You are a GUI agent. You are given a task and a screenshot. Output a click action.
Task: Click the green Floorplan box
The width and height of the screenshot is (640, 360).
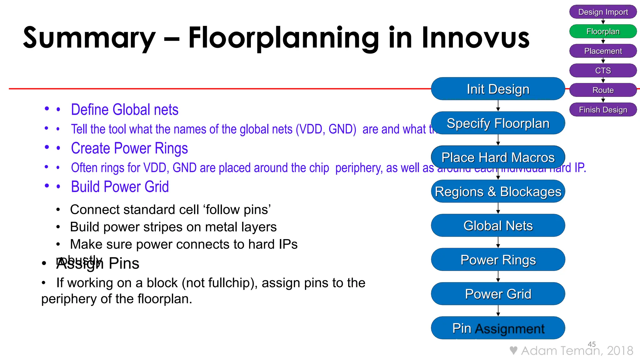point(603,31)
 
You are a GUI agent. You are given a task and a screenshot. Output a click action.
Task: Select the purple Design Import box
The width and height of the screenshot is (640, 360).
point(603,12)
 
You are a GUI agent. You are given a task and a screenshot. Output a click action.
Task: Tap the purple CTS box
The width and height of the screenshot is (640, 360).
point(603,70)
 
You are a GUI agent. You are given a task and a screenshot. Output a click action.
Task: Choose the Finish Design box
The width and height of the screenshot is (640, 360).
point(603,110)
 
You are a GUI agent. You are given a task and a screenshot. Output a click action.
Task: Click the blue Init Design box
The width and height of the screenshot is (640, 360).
point(498,89)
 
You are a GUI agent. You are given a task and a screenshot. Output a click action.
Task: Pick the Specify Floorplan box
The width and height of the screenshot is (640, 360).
point(498,123)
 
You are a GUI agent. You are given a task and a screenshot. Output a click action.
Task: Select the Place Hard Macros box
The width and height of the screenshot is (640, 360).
point(498,157)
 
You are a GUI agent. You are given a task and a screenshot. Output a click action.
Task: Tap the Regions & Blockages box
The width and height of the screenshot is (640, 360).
point(498,191)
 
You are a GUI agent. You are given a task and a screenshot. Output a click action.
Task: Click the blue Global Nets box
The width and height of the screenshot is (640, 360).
point(498,225)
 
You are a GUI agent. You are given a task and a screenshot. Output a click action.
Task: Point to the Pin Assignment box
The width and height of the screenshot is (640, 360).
point(498,328)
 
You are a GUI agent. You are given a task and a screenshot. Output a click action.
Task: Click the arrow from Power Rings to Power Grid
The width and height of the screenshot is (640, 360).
point(498,277)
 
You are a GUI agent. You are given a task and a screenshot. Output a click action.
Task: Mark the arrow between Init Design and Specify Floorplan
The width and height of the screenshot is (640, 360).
point(498,106)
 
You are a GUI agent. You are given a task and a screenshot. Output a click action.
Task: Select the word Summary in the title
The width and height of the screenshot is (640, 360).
point(89,38)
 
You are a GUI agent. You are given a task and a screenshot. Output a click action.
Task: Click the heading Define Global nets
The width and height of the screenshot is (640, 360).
point(124,110)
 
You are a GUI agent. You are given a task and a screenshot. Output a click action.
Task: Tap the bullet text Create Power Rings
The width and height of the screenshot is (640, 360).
point(129,148)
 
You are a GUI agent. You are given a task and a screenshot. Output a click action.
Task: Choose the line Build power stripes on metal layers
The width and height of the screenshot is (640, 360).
point(173,227)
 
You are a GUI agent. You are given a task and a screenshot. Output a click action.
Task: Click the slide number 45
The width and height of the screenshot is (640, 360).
point(592,344)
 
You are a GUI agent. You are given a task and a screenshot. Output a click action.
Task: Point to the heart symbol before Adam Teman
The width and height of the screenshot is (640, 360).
point(513,350)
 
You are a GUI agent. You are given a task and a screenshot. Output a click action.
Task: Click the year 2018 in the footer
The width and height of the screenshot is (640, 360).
point(620,351)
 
